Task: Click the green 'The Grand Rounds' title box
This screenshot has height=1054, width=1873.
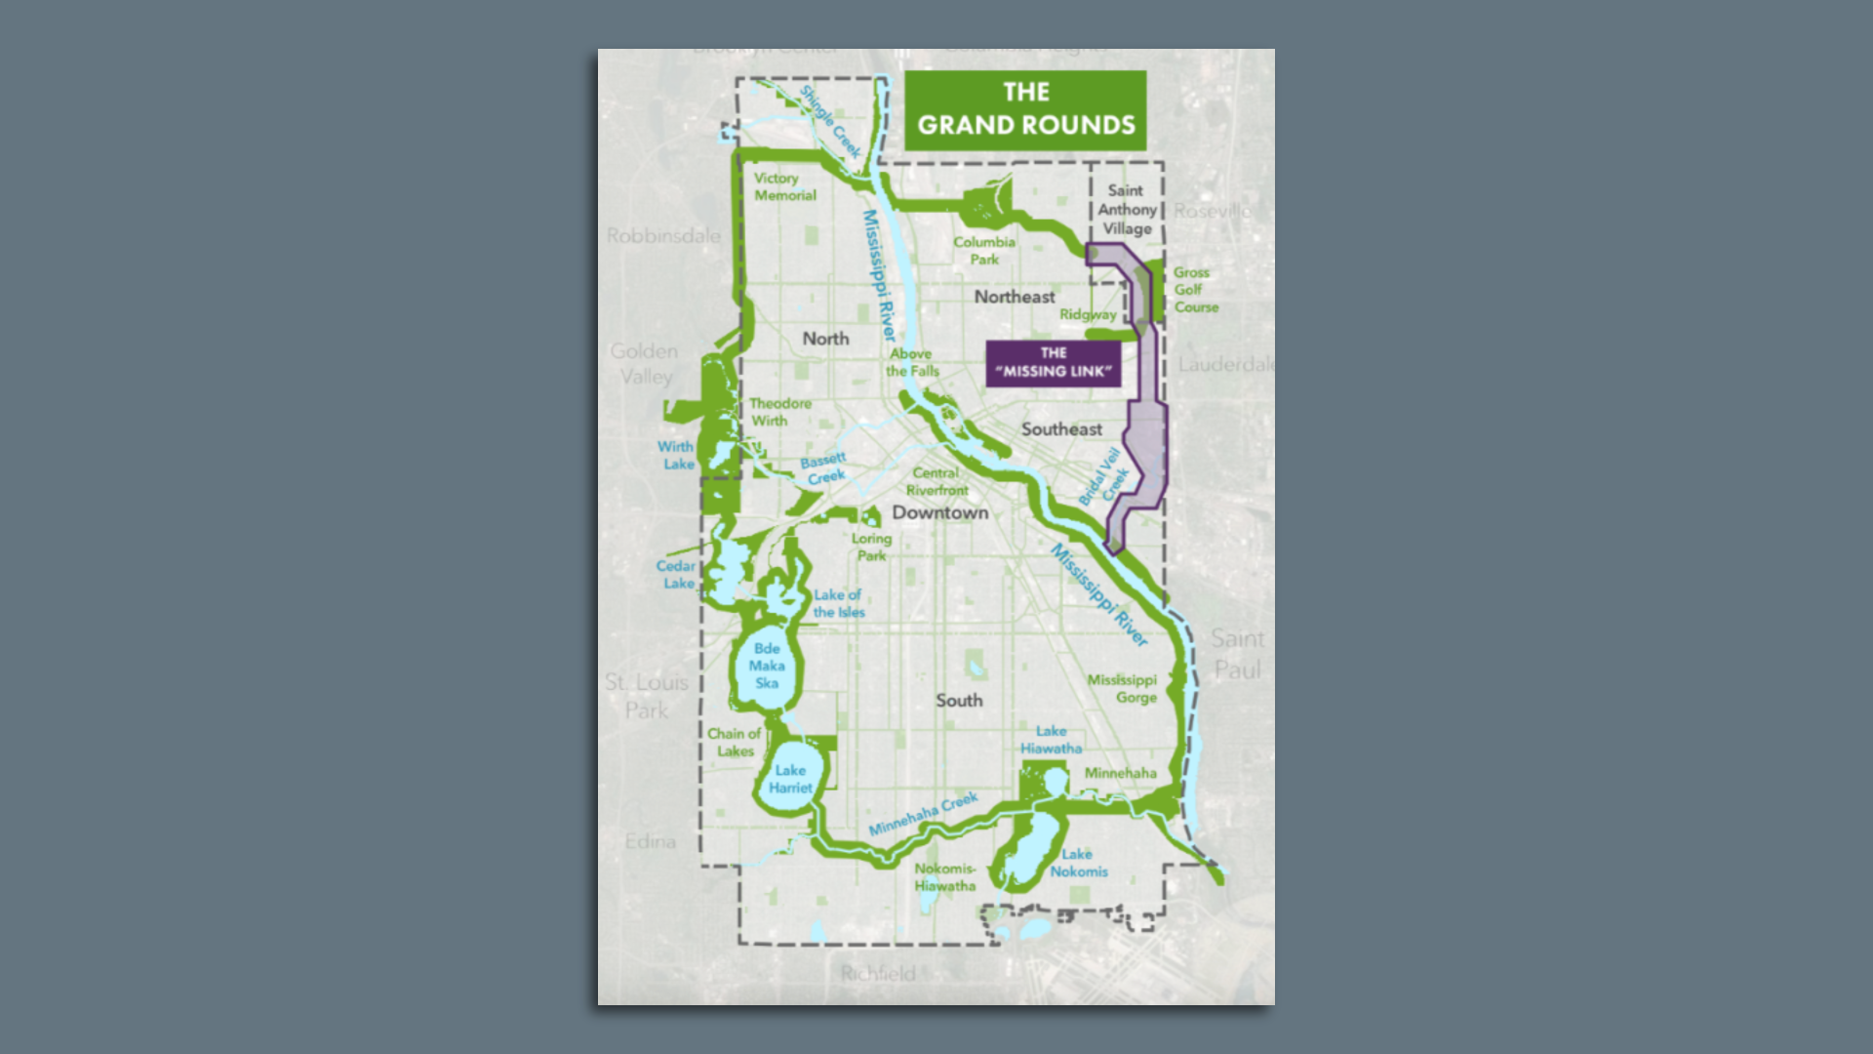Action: pos(1025,109)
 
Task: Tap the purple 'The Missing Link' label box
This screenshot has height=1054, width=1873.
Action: pos(1053,362)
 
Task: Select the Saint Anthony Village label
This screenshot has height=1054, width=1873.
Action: pos(1127,209)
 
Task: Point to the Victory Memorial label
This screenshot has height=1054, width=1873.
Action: pos(784,186)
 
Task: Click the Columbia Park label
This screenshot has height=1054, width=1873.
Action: pos(984,250)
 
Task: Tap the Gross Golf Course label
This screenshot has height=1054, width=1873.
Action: pos(1195,290)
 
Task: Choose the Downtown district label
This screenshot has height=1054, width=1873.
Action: pos(939,512)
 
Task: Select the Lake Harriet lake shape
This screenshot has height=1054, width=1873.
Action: pos(789,779)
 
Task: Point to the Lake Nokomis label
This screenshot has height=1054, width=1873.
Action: pos(1078,863)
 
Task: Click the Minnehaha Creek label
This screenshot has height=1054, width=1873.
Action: pos(923,814)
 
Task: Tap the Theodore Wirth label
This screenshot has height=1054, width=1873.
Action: pos(779,412)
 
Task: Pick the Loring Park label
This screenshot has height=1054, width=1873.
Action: pos(871,547)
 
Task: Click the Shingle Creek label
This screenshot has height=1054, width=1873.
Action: pos(830,121)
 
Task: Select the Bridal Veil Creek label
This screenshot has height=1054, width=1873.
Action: pos(1103,476)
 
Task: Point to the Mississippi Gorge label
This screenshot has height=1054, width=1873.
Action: pos(1123,688)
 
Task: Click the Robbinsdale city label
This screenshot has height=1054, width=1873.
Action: pos(663,236)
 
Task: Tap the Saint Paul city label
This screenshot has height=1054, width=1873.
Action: pos(1237,654)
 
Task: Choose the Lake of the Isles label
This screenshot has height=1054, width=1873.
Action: pos(838,603)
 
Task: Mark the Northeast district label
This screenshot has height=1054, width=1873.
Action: pos(1015,297)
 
